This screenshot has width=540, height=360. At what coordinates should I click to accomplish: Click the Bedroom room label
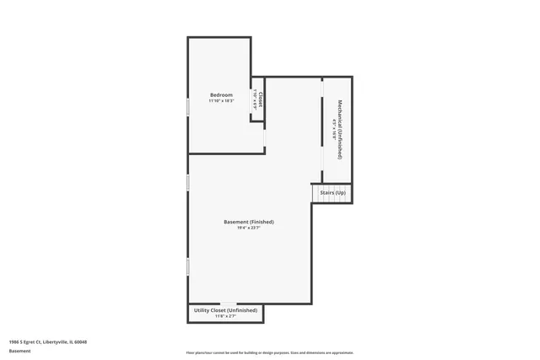pyautogui.click(x=221, y=94)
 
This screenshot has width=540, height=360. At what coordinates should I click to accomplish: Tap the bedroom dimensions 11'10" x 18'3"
pyautogui.click(x=221, y=100)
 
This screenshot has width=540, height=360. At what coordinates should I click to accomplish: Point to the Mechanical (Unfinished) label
pyautogui.click(x=340, y=129)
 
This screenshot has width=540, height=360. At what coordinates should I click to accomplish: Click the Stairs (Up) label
pyautogui.click(x=332, y=193)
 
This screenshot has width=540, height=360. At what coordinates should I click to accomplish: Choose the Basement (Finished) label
pyautogui.click(x=249, y=222)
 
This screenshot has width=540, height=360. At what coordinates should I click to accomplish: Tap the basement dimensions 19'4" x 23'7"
pyautogui.click(x=249, y=228)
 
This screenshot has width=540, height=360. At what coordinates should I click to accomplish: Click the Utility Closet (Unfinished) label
pyautogui.click(x=225, y=311)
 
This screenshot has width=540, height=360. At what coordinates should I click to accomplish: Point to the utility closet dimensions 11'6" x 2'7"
pyautogui.click(x=225, y=317)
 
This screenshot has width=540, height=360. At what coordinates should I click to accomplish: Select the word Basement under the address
pyautogui.click(x=19, y=351)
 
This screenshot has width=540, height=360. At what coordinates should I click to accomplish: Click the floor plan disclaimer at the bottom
pyautogui.click(x=269, y=352)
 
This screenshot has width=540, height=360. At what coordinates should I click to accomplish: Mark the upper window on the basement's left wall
pyautogui.click(x=187, y=183)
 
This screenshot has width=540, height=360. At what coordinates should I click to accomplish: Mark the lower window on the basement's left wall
pyautogui.click(x=187, y=266)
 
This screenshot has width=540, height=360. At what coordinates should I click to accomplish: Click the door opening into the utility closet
pyautogui.click(x=228, y=304)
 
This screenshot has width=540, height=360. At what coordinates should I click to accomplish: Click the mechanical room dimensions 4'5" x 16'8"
pyautogui.click(x=334, y=129)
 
